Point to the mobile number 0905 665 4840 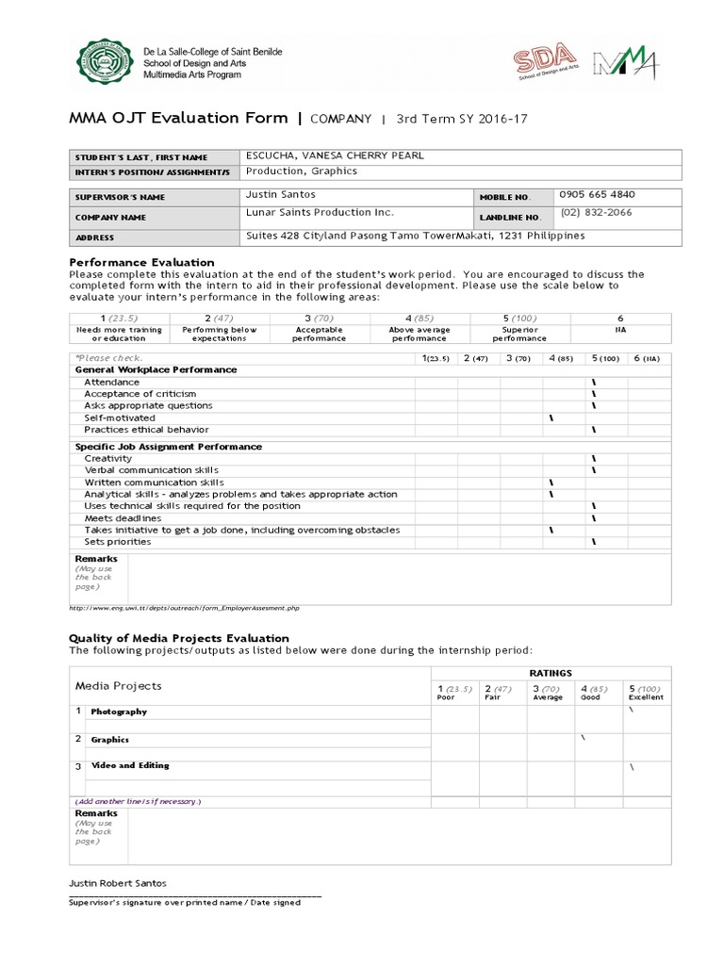[x=597, y=195]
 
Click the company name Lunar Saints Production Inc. [x=320, y=213]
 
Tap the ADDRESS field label [x=96, y=238]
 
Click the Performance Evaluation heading [x=142, y=262]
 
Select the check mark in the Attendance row [x=594, y=382]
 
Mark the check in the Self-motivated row [x=551, y=417]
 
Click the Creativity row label [x=108, y=458]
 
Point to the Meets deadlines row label [x=123, y=518]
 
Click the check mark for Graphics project [x=583, y=737]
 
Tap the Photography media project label [x=119, y=711]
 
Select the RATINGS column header [x=550, y=673]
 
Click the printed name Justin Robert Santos [x=119, y=883]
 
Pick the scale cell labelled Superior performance [x=519, y=334]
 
